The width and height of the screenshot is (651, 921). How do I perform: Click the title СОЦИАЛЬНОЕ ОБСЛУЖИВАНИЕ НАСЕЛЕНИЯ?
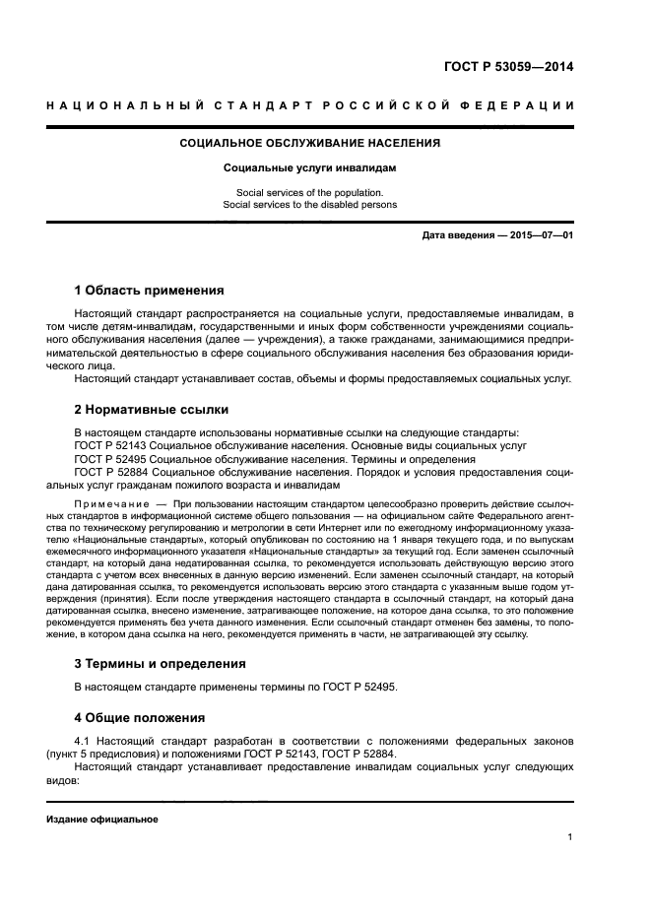[x=309, y=143]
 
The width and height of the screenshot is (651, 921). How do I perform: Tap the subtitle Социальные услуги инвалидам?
[x=309, y=168]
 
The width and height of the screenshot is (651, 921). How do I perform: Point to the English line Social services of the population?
[x=309, y=192]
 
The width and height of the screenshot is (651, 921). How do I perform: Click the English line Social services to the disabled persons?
[x=309, y=205]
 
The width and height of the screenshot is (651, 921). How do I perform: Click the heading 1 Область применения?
[x=150, y=291]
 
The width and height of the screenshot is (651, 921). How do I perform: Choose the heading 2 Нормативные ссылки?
[x=152, y=408]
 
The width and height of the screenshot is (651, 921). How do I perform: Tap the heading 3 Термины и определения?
[x=161, y=663]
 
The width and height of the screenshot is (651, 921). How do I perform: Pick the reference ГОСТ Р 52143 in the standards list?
[x=112, y=445]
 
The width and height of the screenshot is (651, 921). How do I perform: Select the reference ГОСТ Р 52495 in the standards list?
[x=112, y=459]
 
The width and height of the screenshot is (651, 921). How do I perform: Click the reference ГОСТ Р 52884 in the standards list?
[x=112, y=472]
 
